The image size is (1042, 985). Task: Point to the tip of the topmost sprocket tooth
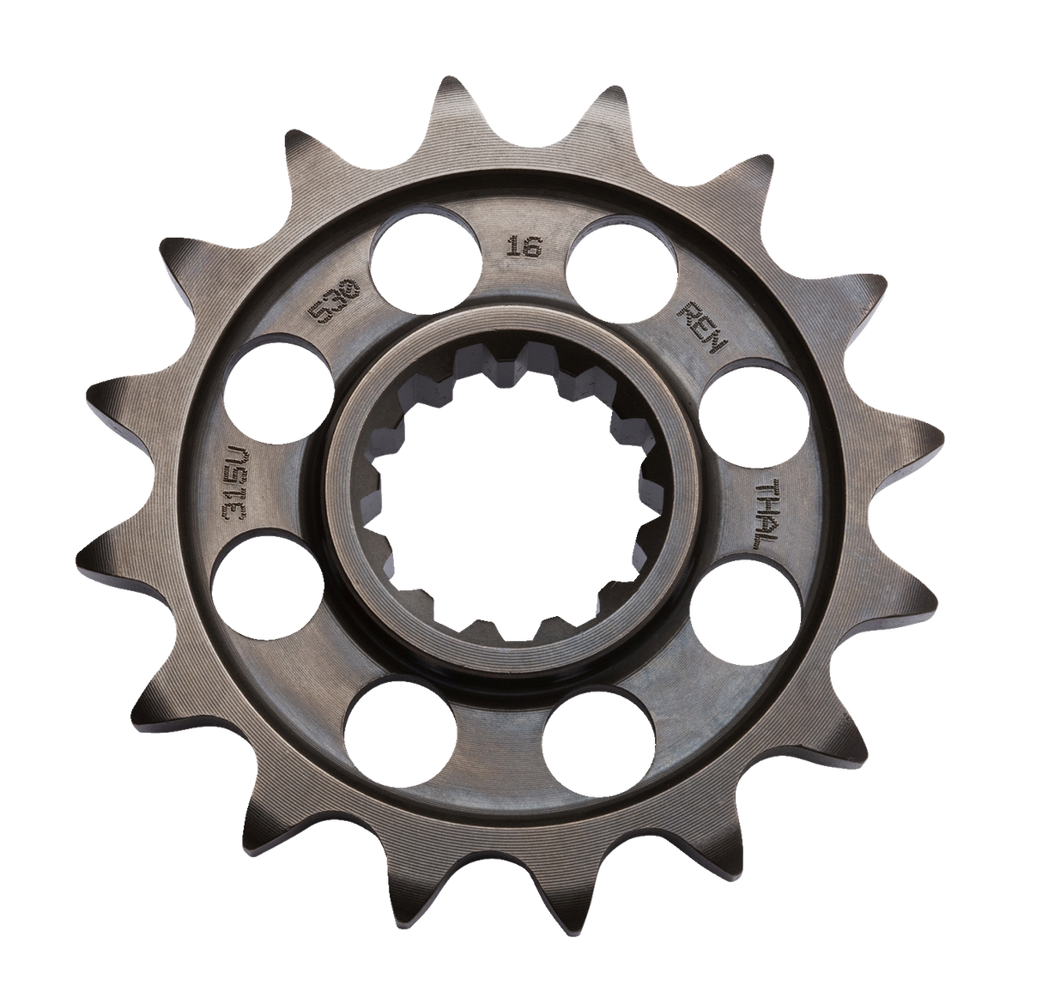[458, 82]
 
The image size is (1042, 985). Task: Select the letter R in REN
[693, 311]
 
